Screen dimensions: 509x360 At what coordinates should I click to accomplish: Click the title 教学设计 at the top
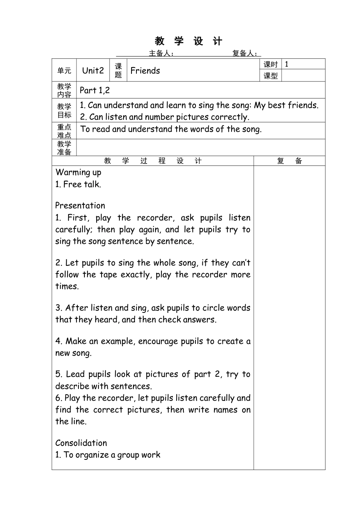[188, 41]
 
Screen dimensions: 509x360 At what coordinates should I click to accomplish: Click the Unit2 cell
[93, 70]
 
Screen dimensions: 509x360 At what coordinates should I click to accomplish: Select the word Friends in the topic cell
[145, 70]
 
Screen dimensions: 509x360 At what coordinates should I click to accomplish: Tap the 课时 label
[271, 64]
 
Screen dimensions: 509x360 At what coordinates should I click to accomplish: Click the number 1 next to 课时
[286, 64]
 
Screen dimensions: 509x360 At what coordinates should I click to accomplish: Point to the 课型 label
[271, 76]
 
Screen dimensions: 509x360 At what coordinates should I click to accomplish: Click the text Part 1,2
[95, 90]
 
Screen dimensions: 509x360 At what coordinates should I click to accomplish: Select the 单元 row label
[64, 70]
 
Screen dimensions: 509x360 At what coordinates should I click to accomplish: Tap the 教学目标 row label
[64, 111]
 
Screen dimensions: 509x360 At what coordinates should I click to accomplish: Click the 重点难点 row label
[64, 131]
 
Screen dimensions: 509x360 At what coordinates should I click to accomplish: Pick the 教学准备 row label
[64, 148]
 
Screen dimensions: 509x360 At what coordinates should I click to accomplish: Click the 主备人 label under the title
[161, 53]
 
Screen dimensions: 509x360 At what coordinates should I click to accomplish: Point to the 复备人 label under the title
[245, 53]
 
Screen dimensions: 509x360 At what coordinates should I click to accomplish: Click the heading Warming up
[78, 172]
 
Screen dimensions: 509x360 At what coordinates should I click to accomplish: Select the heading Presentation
[80, 206]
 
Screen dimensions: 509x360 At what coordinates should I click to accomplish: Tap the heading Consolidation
[81, 443]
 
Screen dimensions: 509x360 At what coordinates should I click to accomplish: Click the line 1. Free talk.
[78, 184]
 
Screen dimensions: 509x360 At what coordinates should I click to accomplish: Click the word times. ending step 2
[67, 286]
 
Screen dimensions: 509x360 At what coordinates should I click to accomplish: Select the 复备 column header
[290, 161]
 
